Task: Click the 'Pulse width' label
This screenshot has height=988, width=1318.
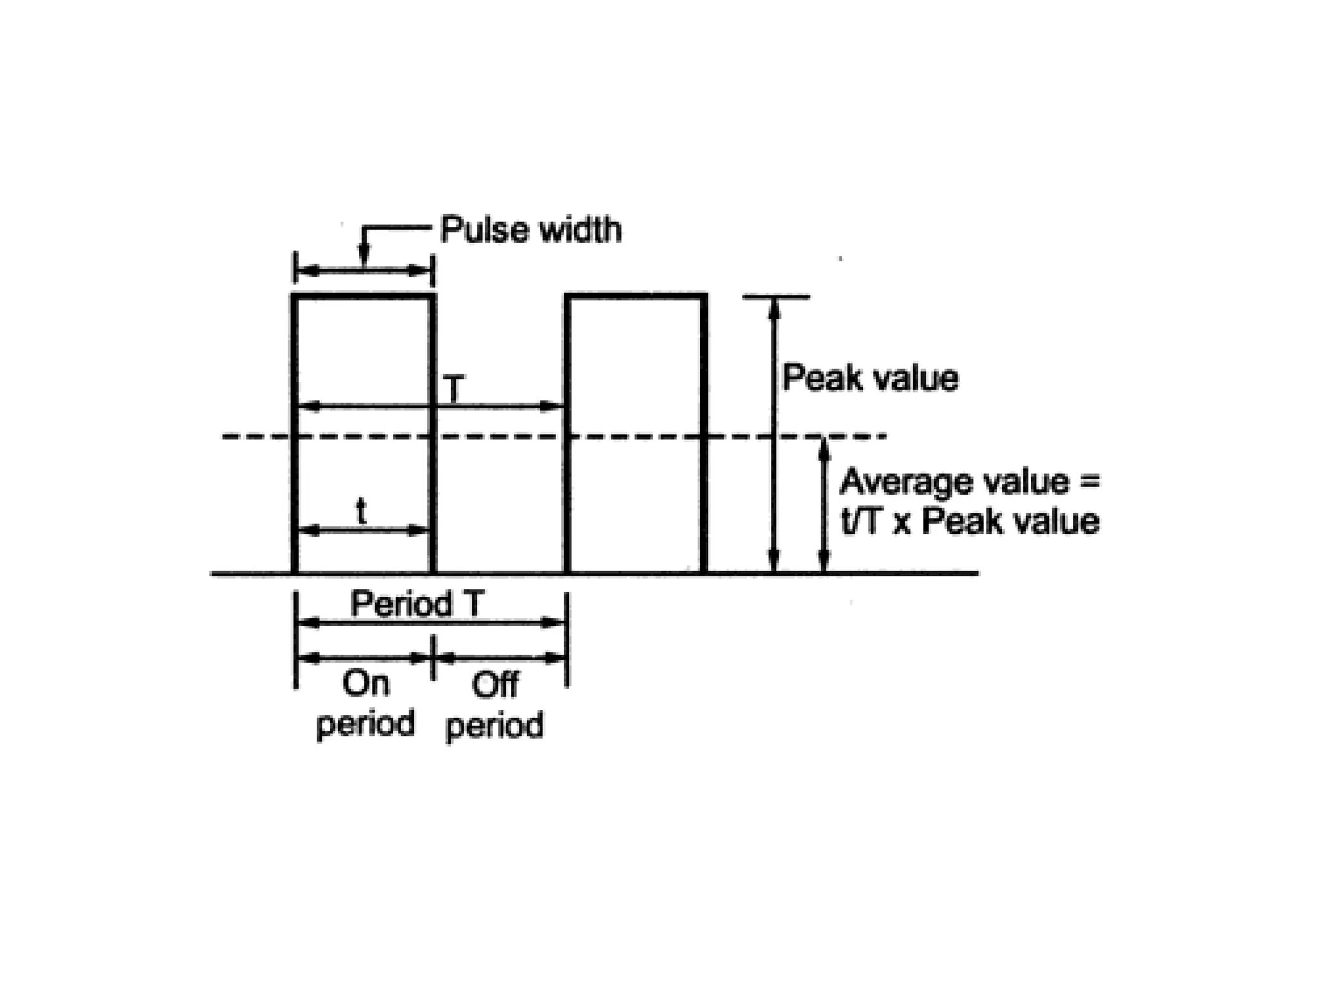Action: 531,230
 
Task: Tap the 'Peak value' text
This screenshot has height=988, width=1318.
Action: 870,378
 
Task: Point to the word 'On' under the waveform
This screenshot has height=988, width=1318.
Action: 366,684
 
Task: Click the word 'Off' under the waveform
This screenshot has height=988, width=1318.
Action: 495,685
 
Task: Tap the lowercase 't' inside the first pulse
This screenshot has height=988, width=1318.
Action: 362,512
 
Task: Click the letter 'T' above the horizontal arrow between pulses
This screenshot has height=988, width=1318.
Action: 454,389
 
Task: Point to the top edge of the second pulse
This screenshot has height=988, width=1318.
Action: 636,297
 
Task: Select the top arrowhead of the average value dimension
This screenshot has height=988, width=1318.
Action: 823,449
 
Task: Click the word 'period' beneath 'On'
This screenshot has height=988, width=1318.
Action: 366,724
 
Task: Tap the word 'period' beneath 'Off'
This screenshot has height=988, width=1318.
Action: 495,726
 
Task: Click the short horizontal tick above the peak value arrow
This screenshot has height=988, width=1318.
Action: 775,297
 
